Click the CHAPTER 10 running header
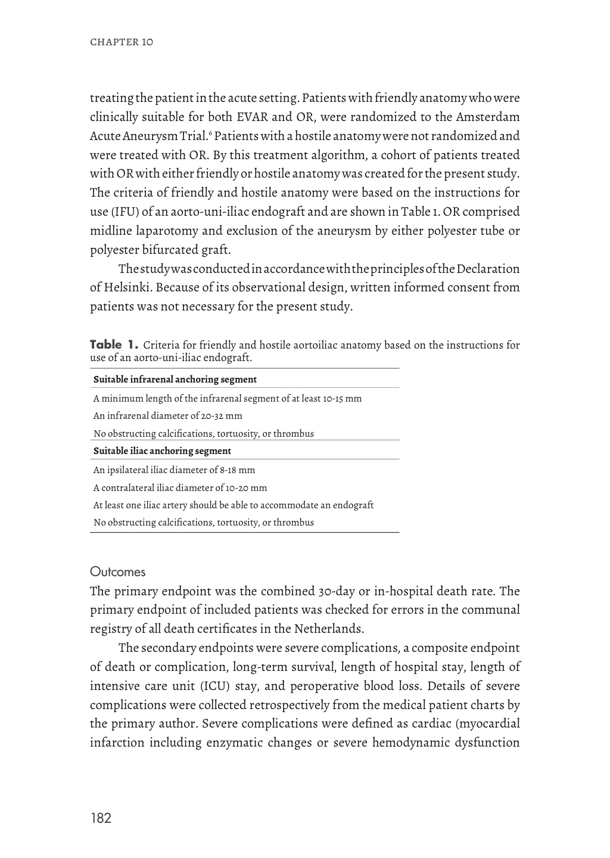point(121,42)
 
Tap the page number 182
point(101,818)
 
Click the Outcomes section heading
point(117,572)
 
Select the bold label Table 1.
point(114,344)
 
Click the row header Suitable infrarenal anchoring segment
point(175,380)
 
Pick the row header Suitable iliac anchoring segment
point(162,451)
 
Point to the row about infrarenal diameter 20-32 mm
point(168,416)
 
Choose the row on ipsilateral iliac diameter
point(174,470)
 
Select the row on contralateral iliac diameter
point(180,487)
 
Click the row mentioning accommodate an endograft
point(234,505)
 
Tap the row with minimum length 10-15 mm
point(228,398)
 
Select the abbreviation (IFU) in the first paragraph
point(114,212)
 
